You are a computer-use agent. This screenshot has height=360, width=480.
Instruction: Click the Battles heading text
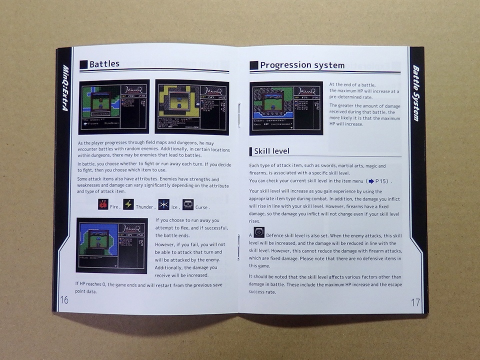tap(104, 64)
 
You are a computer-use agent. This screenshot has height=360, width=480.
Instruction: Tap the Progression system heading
tap(302, 65)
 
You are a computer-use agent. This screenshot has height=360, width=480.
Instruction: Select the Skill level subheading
tap(271, 151)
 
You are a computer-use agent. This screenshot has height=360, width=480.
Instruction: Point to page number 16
tap(64, 300)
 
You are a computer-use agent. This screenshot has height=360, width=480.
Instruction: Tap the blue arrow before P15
tap(371, 180)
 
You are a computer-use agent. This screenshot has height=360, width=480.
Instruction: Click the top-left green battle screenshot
tap(114, 106)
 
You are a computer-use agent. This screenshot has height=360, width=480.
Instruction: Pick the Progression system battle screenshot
tap(286, 108)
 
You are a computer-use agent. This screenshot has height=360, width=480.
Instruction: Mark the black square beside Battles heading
tap(83, 64)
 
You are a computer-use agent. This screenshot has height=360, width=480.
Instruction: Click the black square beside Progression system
tap(253, 65)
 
